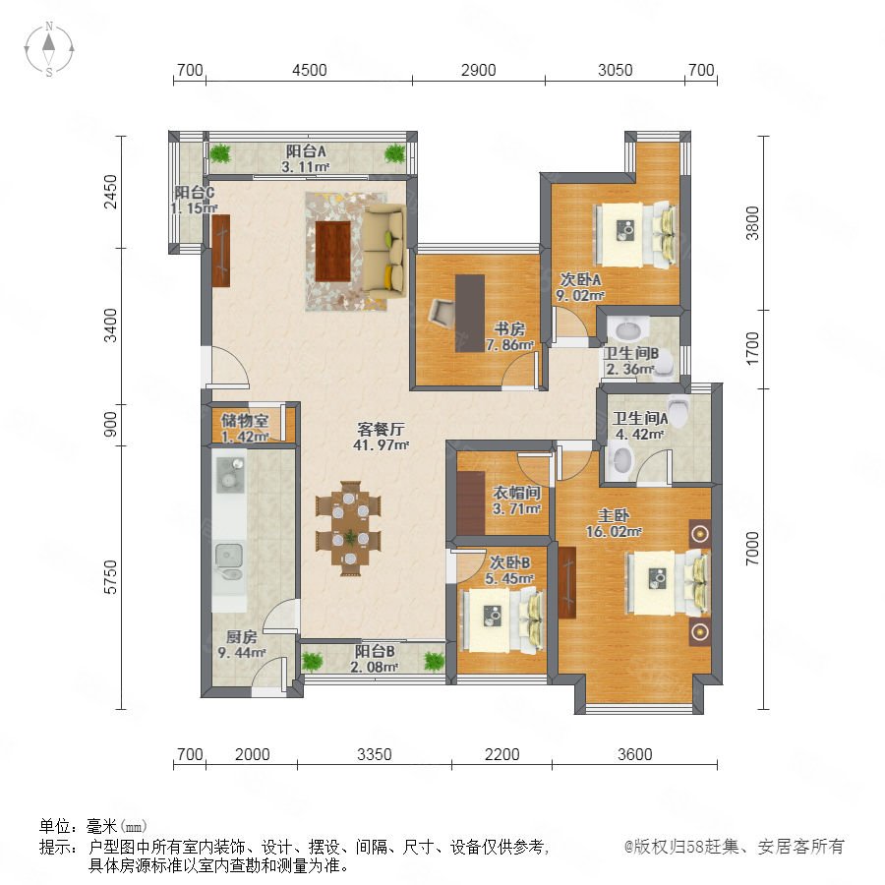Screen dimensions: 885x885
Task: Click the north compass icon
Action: pyautogui.click(x=49, y=48)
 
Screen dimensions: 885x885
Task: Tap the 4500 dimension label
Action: pyautogui.click(x=310, y=70)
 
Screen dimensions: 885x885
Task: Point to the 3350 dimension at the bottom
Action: pyautogui.click(x=375, y=754)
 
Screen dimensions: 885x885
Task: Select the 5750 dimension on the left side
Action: pyautogui.click(x=110, y=577)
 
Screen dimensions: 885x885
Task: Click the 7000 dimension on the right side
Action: pyautogui.click(x=752, y=548)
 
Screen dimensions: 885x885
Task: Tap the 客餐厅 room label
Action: pyautogui.click(x=381, y=429)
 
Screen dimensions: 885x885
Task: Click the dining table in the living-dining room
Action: pyautogui.click(x=350, y=528)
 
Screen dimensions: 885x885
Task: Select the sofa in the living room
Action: pyautogui.click(x=383, y=250)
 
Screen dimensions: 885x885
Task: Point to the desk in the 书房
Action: pyautogui.click(x=470, y=314)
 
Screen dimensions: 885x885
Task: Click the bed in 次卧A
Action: pyautogui.click(x=635, y=234)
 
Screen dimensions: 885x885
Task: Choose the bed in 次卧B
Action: pyautogui.click(x=502, y=619)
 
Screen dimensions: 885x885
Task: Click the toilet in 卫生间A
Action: pyautogui.click(x=678, y=409)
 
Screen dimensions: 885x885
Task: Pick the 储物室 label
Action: pyautogui.click(x=245, y=420)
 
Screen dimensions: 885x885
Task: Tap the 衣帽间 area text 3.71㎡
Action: pyautogui.click(x=517, y=508)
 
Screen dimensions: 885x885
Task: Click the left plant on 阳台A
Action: pyautogui.click(x=220, y=152)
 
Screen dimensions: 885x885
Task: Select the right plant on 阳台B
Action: pyautogui.click(x=434, y=661)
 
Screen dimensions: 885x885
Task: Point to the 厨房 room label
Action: pyautogui.click(x=242, y=636)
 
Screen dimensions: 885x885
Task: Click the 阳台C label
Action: pyautogui.click(x=194, y=193)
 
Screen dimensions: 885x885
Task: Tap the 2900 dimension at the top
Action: pyautogui.click(x=479, y=70)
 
